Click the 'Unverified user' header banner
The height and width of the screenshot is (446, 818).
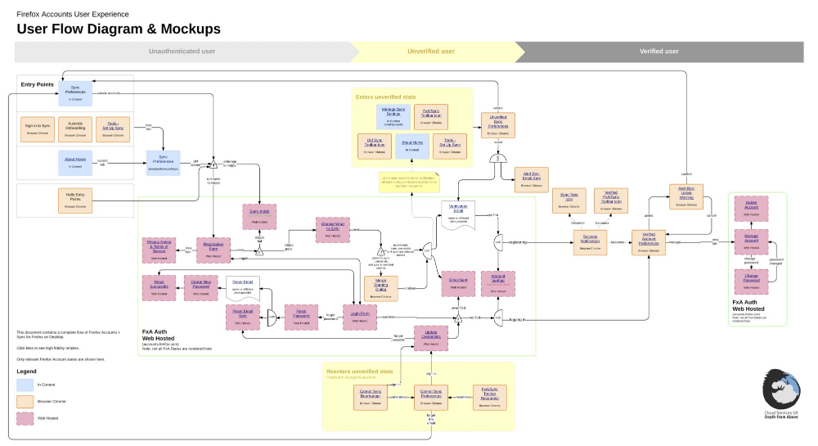click(431, 52)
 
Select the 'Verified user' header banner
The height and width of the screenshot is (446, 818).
click(658, 52)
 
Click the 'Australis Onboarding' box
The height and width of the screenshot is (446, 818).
click(74, 129)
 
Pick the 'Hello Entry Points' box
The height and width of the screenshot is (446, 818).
click(74, 199)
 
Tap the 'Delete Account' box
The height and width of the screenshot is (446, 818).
click(751, 208)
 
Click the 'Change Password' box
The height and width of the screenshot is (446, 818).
click(751, 281)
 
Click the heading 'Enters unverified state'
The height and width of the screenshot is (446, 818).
click(385, 97)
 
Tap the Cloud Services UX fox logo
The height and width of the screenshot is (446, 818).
click(780, 385)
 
